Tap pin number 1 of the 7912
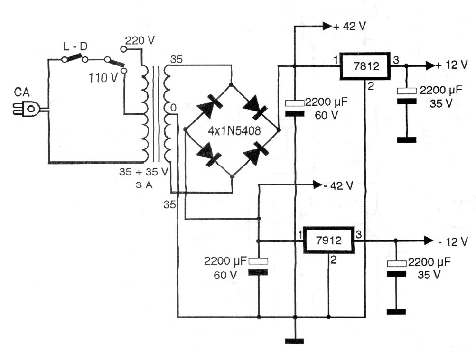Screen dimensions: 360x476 pos(299,234)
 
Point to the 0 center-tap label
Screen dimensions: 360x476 pos(174,109)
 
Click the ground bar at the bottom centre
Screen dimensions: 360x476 pos(295,341)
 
